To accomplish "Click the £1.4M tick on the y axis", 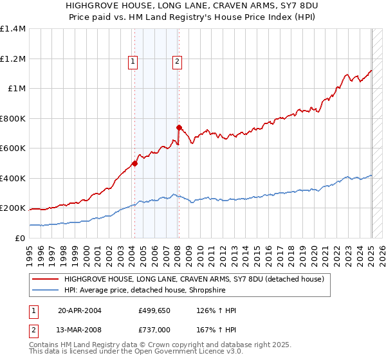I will tap(13, 29).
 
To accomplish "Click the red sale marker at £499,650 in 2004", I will tap(135, 163).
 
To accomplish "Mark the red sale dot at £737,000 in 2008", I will tap(179, 127).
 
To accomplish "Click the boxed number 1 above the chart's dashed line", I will tap(133, 62).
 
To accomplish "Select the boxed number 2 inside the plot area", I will tap(176, 62).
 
